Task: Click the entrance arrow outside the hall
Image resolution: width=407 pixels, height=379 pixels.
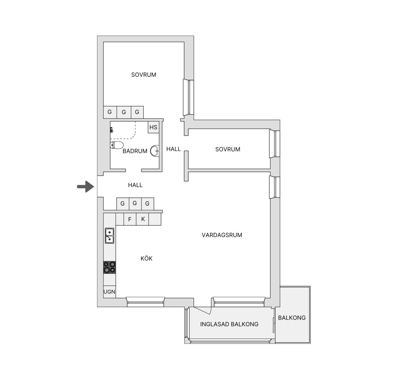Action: [86, 186]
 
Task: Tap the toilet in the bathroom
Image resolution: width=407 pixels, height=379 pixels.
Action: [116, 145]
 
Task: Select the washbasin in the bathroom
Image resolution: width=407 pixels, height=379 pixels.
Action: [155, 151]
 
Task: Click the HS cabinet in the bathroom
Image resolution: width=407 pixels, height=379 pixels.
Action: [154, 127]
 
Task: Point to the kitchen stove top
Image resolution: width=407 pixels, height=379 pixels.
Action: [109, 267]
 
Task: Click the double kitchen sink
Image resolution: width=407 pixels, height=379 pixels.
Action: [109, 235]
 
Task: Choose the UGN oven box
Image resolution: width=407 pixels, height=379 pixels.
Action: [109, 292]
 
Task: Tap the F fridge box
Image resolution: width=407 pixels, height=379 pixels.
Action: [130, 219]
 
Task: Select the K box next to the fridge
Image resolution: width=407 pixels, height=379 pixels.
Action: [142, 219]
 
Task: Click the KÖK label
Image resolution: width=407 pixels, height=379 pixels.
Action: [147, 259]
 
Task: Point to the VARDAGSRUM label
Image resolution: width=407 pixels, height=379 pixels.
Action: [222, 235]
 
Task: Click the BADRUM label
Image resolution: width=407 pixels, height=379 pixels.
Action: [135, 151]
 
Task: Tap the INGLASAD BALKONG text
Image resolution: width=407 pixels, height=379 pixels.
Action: [229, 324]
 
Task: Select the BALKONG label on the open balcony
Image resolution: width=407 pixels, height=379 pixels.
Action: [292, 318]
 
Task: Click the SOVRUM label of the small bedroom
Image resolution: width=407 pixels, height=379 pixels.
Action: [228, 149]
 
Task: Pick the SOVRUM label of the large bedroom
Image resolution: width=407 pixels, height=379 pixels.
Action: [143, 75]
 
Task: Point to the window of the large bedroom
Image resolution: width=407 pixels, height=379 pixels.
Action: [189, 97]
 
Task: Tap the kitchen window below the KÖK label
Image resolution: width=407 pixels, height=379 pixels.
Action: [145, 302]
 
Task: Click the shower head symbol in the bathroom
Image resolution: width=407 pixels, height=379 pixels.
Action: [111, 129]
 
